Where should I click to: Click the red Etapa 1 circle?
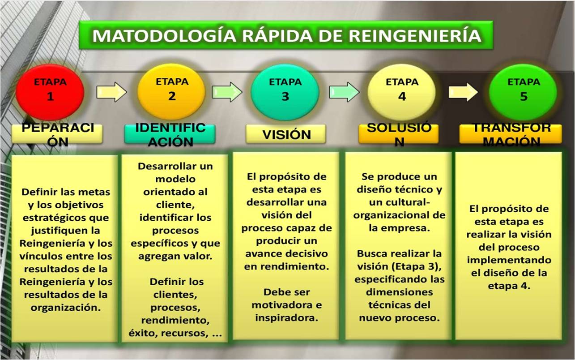tap(50, 91)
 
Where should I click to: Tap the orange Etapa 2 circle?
tap(171, 91)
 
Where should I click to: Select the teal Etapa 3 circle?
tap(285, 91)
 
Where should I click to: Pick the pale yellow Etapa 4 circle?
tap(401, 91)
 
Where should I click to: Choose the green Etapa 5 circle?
tap(523, 91)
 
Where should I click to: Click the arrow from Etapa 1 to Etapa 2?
tap(111, 92)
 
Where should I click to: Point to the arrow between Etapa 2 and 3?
tap(227, 92)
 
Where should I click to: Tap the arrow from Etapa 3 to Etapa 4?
tap(344, 92)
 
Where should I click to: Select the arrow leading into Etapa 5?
tap(463, 92)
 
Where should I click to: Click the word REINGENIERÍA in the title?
tap(415, 35)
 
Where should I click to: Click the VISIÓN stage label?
tap(285, 134)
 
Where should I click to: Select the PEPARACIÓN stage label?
tap(58, 134)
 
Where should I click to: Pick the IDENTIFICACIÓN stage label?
tap(170, 134)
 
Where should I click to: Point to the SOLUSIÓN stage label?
tap(399, 134)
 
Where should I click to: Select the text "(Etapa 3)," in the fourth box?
tap(419, 266)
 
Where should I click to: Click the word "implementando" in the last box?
tap(509, 260)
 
